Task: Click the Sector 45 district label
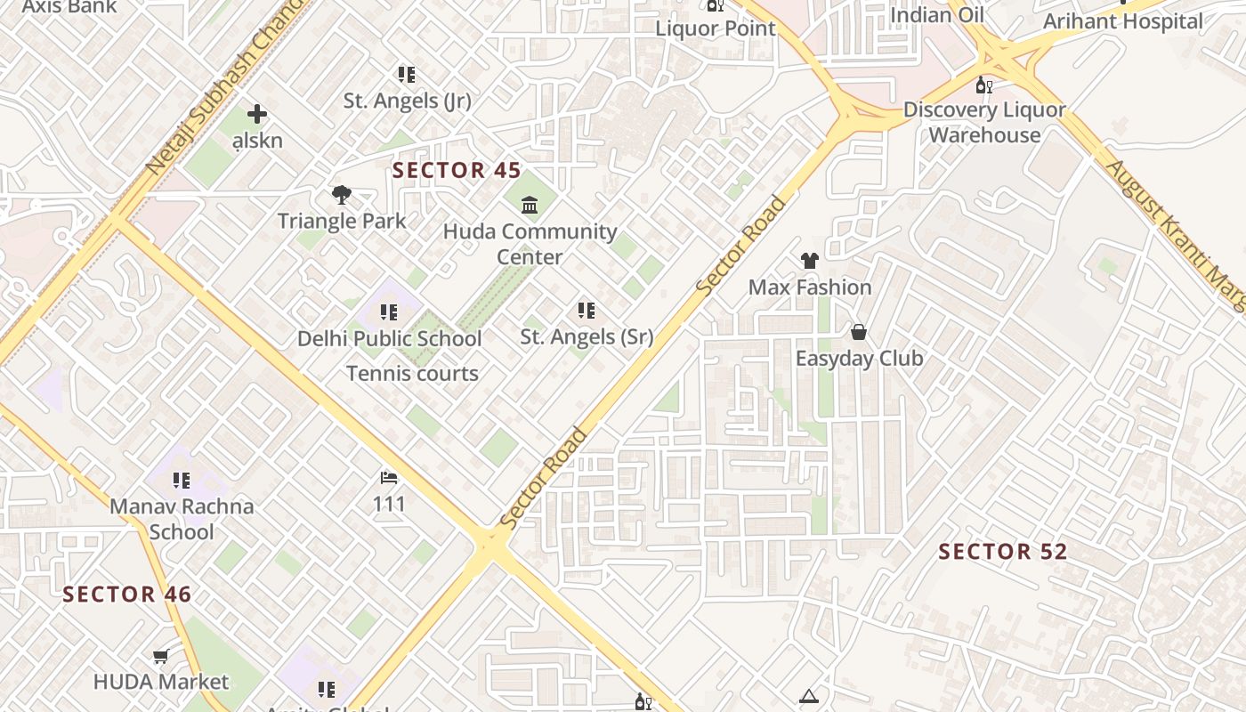tap(457, 170)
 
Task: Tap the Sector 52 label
tap(1003, 552)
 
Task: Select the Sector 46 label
tap(127, 595)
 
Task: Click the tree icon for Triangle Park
tap(341, 195)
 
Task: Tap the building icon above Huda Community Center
tap(530, 206)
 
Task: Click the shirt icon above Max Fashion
tap(809, 261)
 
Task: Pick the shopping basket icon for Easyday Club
tap(859, 332)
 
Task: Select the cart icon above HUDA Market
tap(160, 657)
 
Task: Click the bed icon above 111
tap(389, 478)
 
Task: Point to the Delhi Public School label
tap(389, 338)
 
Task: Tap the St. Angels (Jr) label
tap(407, 101)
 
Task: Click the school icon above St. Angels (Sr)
tap(586, 311)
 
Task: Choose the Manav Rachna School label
tap(182, 519)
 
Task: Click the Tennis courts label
tap(412, 374)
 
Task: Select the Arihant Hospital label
tap(1122, 21)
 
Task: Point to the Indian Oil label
tap(937, 15)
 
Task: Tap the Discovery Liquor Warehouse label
tap(984, 123)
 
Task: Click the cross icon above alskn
tap(257, 114)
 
